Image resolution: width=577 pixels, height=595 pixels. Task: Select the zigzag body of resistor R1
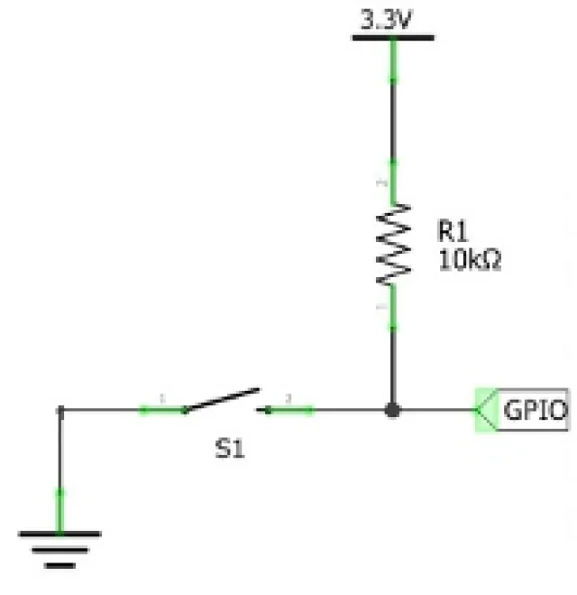[392, 244]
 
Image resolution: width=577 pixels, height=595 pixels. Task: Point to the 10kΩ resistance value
[469, 261]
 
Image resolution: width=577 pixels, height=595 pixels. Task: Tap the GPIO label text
[535, 411]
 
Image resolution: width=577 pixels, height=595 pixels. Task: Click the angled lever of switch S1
[223, 399]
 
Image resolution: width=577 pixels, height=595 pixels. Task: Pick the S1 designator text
[229, 448]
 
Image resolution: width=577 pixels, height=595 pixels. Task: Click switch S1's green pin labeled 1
[160, 410]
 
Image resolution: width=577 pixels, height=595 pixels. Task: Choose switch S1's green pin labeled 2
[290, 410]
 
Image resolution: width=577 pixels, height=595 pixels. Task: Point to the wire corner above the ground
[60, 410]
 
